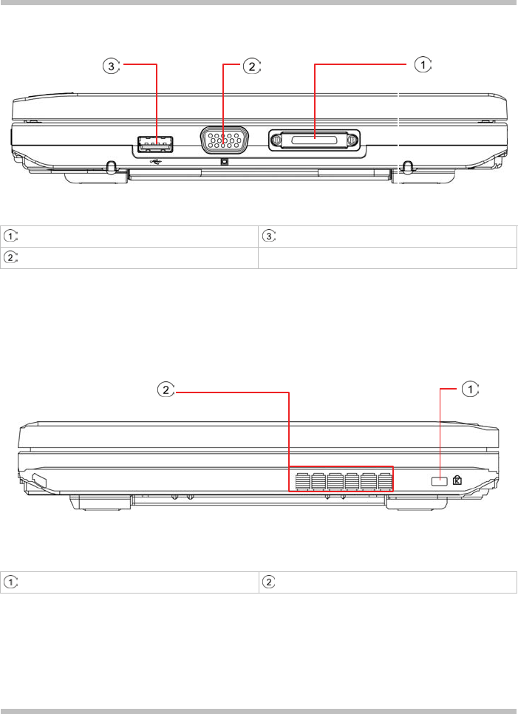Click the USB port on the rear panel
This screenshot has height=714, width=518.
[x=155, y=144]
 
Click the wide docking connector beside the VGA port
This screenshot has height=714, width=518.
[x=314, y=140]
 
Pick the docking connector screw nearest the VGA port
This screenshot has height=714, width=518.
[x=276, y=140]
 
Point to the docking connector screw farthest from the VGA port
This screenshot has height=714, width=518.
[x=352, y=140]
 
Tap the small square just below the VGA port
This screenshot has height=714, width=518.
[x=224, y=161]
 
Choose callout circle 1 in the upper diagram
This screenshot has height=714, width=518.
[x=423, y=65]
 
